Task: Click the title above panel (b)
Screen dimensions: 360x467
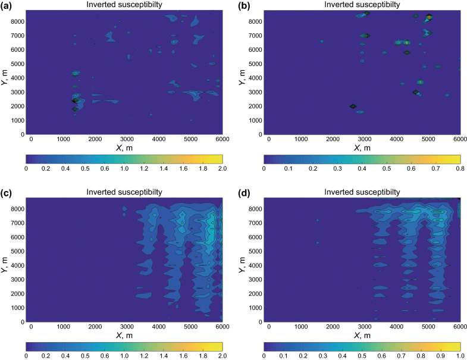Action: pyautogui.click(x=362, y=4)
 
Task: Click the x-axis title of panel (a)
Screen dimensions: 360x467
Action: pyautogui.click(x=124, y=148)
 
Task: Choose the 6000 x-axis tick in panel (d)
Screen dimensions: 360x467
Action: pyautogui.click(x=459, y=327)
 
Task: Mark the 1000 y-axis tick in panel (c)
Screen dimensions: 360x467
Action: pyautogui.click(x=18, y=308)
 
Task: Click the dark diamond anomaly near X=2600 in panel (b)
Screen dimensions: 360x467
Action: pyautogui.click(x=352, y=107)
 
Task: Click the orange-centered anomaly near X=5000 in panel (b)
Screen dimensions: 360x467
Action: pyautogui.click(x=428, y=17)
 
